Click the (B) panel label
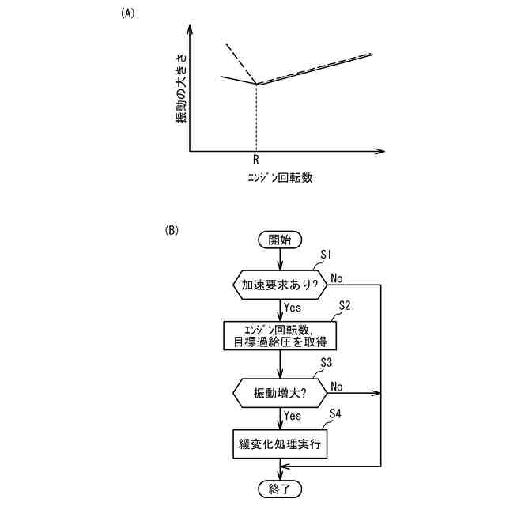click(x=172, y=231)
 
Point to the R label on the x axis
click(x=256, y=160)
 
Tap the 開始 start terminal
click(x=280, y=240)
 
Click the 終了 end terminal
click(x=280, y=488)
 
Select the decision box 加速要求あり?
click(x=280, y=285)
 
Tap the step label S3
click(x=326, y=362)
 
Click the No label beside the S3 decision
click(x=337, y=386)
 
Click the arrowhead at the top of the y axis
click(x=191, y=28)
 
